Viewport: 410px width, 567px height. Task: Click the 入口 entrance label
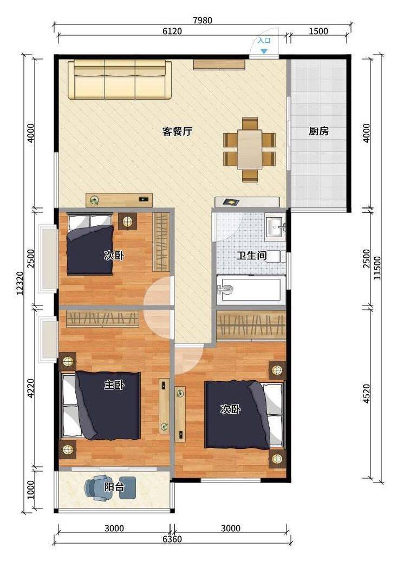[264, 41]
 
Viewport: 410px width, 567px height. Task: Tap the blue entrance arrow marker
[264, 51]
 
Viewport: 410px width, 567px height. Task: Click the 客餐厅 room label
[177, 131]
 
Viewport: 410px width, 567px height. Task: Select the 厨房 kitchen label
[318, 131]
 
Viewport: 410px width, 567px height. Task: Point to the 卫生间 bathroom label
[252, 256]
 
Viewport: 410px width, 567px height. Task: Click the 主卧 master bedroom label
[114, 384]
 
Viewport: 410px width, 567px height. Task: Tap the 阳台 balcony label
[114, 487]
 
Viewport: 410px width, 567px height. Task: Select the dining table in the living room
[250, 149]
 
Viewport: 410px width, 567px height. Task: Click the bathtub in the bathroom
[251, 289]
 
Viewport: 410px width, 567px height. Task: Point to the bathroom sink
[275, 227]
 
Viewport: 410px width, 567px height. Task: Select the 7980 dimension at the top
[203, 20]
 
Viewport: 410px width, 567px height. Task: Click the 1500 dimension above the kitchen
[318, 31]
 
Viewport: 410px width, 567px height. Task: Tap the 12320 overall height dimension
[20, 283]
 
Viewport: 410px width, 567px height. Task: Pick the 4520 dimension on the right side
[367, 394]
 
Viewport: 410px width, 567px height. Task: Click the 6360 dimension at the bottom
[172, 539]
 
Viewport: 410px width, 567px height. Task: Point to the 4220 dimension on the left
[31, 388]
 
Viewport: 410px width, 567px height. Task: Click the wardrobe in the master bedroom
[103, 318]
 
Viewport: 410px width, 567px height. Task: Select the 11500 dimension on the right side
[378, 268]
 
